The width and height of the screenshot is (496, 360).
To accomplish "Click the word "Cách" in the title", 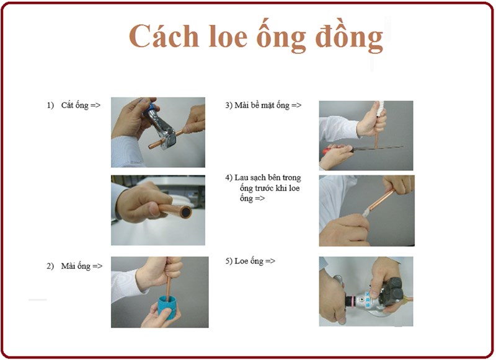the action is click(x=164, y=36).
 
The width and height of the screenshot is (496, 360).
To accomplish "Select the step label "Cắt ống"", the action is click(x=75, y=105).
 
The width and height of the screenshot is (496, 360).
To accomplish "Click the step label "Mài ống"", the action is click(x=76, y=266).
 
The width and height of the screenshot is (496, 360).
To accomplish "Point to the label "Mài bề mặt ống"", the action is click(x=262, y=105).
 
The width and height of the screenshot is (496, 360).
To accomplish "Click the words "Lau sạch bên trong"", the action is click(x=268, y=178).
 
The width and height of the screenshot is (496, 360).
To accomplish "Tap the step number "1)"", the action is click(x=51, y=105).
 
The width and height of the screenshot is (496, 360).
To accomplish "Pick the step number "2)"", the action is click(x=50, y=266).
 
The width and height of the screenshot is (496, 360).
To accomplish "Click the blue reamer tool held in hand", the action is click(x=167, y=307).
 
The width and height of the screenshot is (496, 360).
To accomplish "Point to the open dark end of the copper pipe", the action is click(x=185, y=212).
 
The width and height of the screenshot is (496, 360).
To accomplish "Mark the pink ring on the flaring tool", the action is click(x=350, y=301).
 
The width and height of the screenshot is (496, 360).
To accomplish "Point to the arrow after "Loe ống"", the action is click(x=270, y=261).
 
